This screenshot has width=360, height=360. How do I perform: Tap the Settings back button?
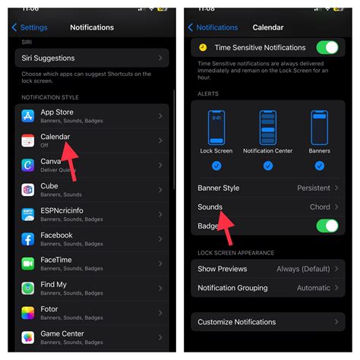[30, 27]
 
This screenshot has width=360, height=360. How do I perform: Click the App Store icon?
[28, 116]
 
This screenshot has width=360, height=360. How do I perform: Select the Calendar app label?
[55, 137]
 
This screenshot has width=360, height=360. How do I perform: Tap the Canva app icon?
[28, 165]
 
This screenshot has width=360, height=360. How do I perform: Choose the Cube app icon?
[28, 190]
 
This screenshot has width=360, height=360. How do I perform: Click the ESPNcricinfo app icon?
[28, 215]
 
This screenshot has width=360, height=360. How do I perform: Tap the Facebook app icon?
[28, 239]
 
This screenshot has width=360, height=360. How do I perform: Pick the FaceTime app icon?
[28, 264]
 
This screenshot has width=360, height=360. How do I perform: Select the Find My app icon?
[28, 289]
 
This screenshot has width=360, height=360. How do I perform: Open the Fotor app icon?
[28, 313]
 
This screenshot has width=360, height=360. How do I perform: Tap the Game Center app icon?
[28, 338]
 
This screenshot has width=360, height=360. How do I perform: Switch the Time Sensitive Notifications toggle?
[327, 48]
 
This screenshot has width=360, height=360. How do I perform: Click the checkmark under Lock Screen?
[217, 166]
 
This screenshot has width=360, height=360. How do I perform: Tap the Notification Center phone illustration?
[267, 127]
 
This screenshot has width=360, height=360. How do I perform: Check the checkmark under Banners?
[319, 166]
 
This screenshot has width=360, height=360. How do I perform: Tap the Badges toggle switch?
[327, 226]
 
